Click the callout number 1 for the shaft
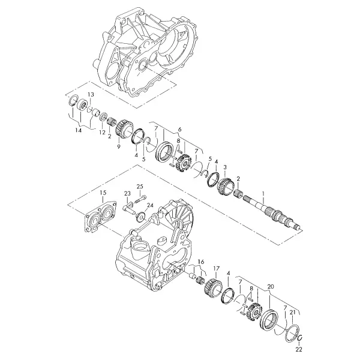(263, 194)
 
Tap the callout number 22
(299, 349)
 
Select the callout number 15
(103, 193)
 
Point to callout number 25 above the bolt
(140, 186)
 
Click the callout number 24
(150, 205)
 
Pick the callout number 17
(217, 268)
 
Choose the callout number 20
(271, 287)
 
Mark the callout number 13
(91, 94)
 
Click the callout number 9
(119, 147)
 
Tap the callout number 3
(225, 166)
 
